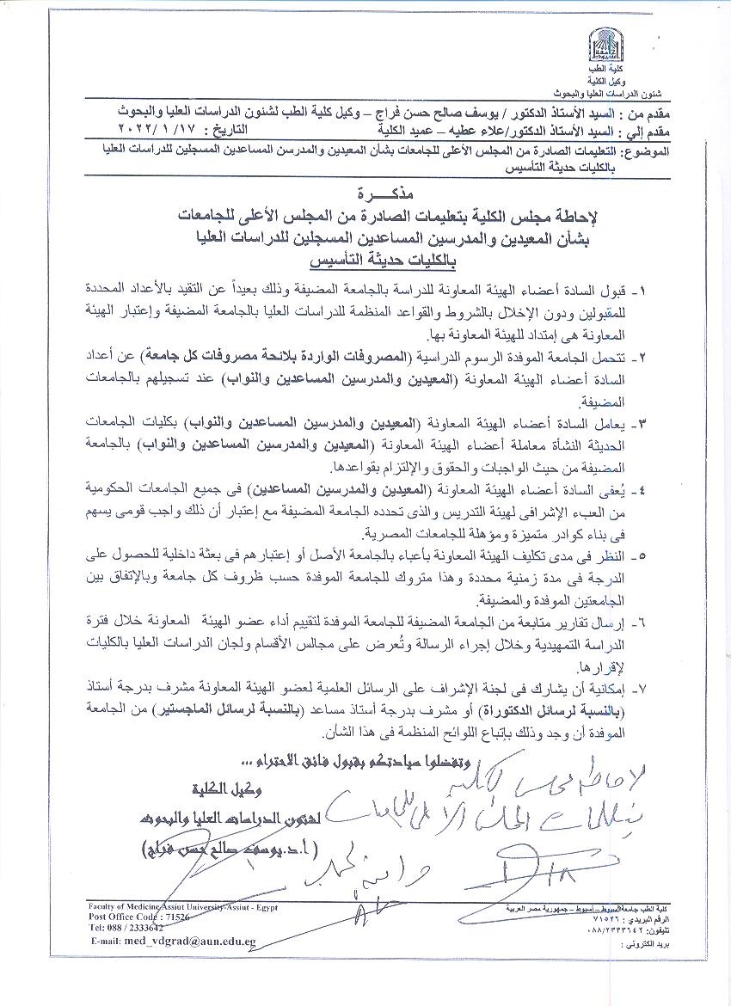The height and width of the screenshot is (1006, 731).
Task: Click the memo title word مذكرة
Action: point(365,190)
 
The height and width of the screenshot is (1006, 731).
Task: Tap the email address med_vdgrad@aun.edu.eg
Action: point(173,941)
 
